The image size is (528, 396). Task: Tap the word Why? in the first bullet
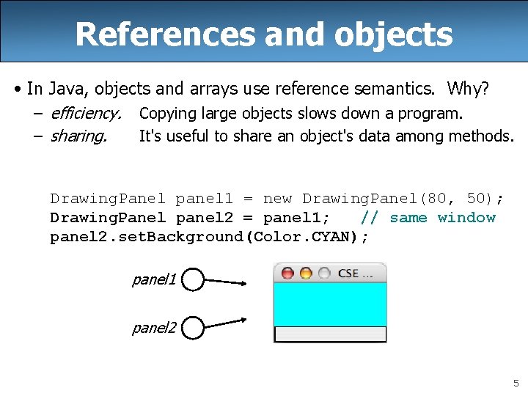468,89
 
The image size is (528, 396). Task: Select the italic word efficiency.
86,114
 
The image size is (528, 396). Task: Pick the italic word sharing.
78,136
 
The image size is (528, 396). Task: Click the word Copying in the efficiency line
166,114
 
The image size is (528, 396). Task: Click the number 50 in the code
477,199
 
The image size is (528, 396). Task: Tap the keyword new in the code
277,199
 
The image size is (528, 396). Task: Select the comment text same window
442,218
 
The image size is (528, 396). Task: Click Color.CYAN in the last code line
319,237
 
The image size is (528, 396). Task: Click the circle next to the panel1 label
192,279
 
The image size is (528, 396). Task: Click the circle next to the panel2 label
192,328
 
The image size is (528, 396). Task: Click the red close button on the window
287,274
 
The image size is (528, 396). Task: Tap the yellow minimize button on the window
305,274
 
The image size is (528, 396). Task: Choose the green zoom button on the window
323,274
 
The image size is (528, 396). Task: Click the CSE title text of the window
348,274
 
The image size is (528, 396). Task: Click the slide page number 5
516,383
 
